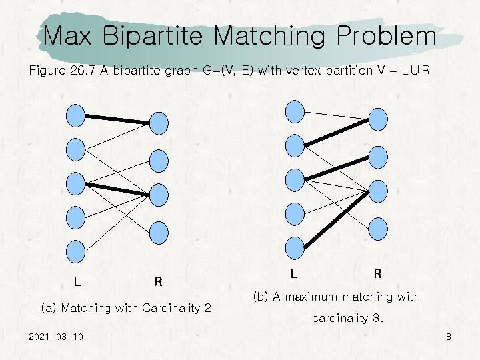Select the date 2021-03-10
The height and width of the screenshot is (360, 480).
(x=56, y=337)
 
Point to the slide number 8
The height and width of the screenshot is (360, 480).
(x=449, y=337)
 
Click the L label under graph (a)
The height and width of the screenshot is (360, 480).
(x=77, y=281)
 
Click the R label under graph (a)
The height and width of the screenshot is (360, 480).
(x=158, y=281)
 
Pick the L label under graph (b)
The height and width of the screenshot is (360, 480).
(x=294, y=273)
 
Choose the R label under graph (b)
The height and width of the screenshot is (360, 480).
(x=377, y=273)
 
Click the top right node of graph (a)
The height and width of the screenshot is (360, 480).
(x=159, y=123)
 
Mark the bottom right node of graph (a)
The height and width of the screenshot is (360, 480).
(x=159, y=231)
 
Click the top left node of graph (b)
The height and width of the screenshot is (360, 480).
(x=295, y=111)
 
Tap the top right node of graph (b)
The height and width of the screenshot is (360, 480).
(x=378, y=119)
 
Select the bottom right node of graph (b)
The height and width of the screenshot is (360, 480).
(x=378, y=227)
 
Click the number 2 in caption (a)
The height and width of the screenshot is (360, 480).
(x=207, y=308)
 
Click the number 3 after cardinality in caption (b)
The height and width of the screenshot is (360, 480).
(x=378, y=318)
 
